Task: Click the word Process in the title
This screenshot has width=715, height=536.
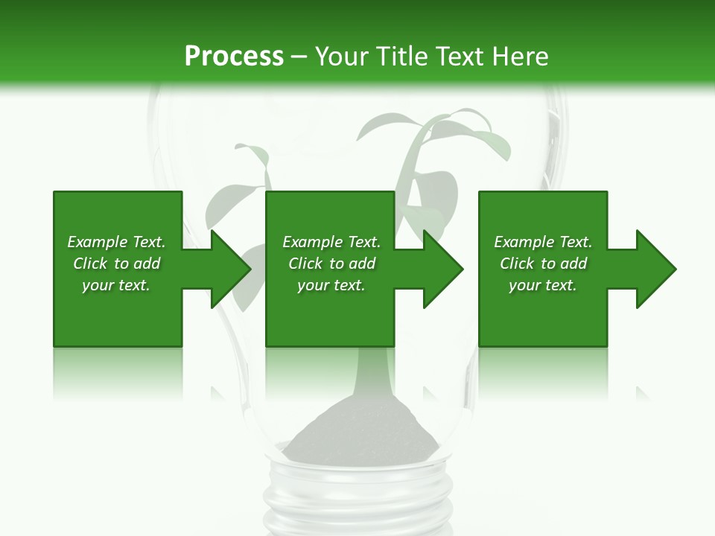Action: coord(234,57)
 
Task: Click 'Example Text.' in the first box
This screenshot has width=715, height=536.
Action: coord(116,242)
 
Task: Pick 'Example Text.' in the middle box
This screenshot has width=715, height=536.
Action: coord(331,242)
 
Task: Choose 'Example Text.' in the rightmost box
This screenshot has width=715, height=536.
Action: coord(543,242)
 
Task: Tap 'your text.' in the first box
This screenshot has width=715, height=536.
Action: coord(116,285)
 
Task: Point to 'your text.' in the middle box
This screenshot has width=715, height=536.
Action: coord(331,285)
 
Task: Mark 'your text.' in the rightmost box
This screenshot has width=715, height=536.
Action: coord(543,285)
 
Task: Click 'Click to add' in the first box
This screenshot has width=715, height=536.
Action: coord(116,264)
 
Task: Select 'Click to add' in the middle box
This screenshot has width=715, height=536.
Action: coord(331,264)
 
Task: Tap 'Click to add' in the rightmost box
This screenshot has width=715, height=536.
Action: coord(543,264)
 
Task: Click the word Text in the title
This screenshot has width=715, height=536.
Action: coord(459,57)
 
